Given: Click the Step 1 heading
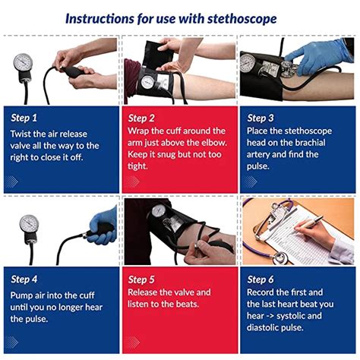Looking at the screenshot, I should pyautogui.click(x=24, y=118).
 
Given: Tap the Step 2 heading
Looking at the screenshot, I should pyautogui.click(x=142, y=118).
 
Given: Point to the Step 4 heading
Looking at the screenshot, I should pyautogui.click(x=24, y=279).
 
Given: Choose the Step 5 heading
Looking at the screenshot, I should pyautogui.click(x=142, y=279).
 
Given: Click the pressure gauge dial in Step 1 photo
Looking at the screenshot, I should pyautogui.click(x=24, y=63).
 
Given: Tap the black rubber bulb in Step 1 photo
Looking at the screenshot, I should pyautogui.click(x=74, y=71).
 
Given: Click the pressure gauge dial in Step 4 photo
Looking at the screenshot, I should pyautogui.click(x=28, y=223).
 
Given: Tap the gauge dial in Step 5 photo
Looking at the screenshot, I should pyautogui.click(x=159, y=210).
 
